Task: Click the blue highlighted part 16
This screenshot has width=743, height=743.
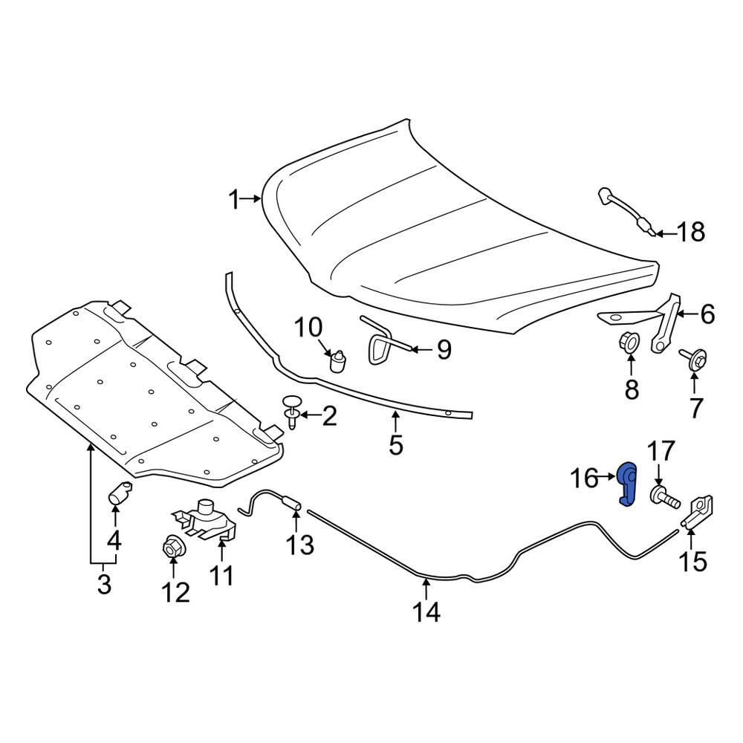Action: coord(628,484)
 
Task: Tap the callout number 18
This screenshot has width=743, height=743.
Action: coord(690,233)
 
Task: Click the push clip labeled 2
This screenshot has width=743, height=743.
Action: coord(291,412)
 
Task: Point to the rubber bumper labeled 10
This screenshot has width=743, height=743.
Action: coord(338,362)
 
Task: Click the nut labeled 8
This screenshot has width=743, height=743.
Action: coord(629,343)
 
